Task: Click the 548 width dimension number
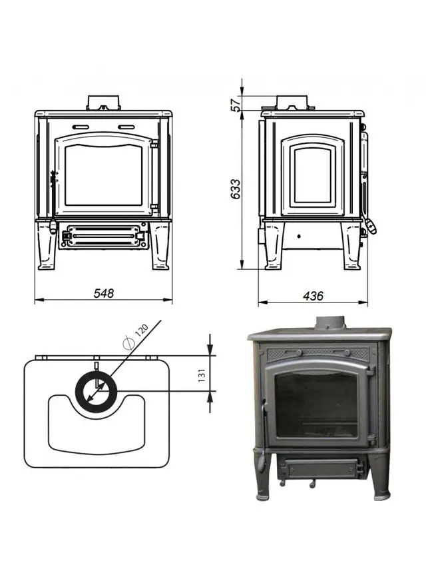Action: click(104, 292)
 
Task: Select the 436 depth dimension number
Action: click(313, 296)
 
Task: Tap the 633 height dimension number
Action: click(236, 189)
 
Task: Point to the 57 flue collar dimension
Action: click(236, 103)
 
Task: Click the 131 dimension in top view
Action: click(202, 375)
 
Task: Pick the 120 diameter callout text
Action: click(142, 330)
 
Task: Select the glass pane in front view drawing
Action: click(103, 175)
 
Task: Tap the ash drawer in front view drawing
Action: click(103, 236)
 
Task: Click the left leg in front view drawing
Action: click(47, 246)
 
